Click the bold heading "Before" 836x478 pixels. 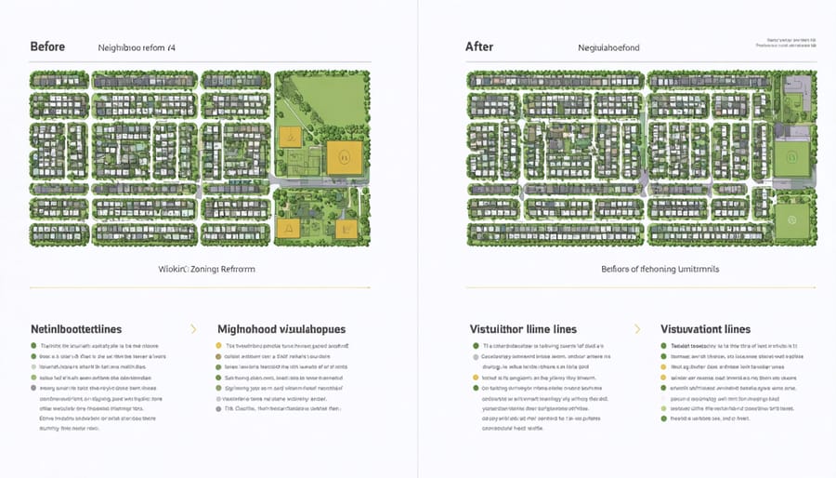[x=47, y=46]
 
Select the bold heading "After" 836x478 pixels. [x=480, y=46]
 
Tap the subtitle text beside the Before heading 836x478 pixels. [x=137, y=46]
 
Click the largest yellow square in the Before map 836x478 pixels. [x=340, y=159]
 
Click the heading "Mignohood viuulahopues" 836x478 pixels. [x=282, y=329]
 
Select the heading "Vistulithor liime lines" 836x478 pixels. [x=523, y=329]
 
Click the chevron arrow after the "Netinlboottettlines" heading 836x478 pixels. [x=193, y=329]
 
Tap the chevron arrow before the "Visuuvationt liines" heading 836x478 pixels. [x=637, y=329]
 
